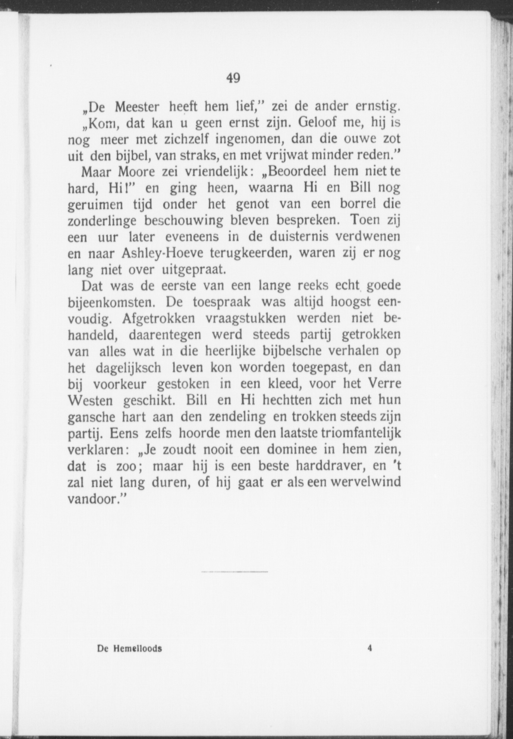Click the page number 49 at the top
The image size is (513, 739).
(x=233, y=78)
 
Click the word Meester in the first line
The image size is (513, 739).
(x=137, y=107)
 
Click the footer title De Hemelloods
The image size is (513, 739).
(x=129, y=648)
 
